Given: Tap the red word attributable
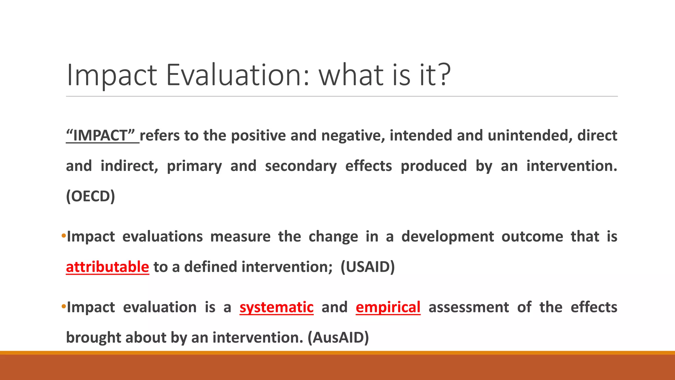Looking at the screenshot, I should pos(107,267).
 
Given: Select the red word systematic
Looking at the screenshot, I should pos(276,307).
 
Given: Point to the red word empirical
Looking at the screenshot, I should pos(388,307).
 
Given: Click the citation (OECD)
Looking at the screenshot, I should pos(90,196).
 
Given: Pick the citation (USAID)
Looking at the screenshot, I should pos(367,267).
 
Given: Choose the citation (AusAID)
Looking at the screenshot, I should pos(338,337).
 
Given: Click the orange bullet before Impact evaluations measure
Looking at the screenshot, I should pos(64,236).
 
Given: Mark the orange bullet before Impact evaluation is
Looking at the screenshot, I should pos(64,307).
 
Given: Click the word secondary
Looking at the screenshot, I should pos(301,166).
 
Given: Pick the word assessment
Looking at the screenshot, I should pos(468,307).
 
